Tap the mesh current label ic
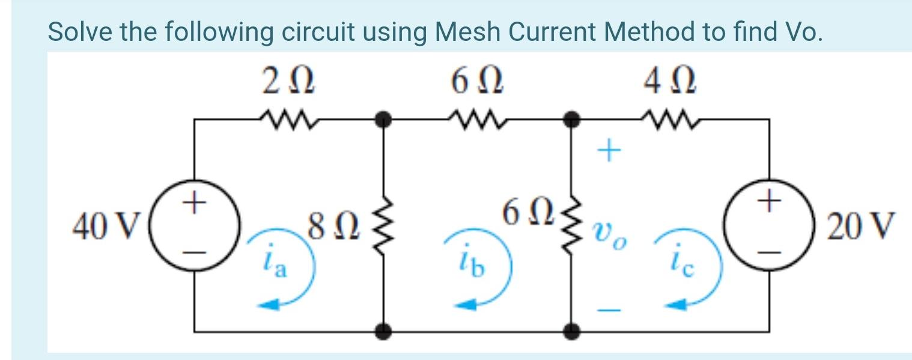683,264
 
